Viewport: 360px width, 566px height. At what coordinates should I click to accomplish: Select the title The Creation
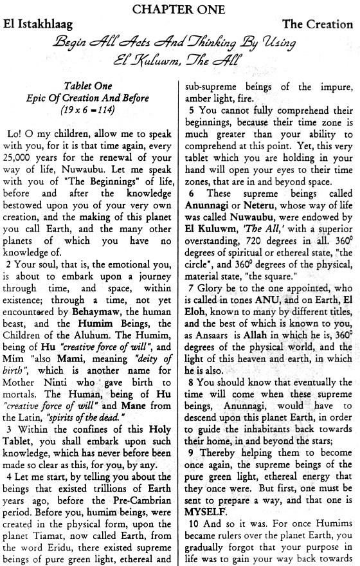[x=319, y=25]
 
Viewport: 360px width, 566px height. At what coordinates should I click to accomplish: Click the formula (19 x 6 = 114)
[x=88, y=109]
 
